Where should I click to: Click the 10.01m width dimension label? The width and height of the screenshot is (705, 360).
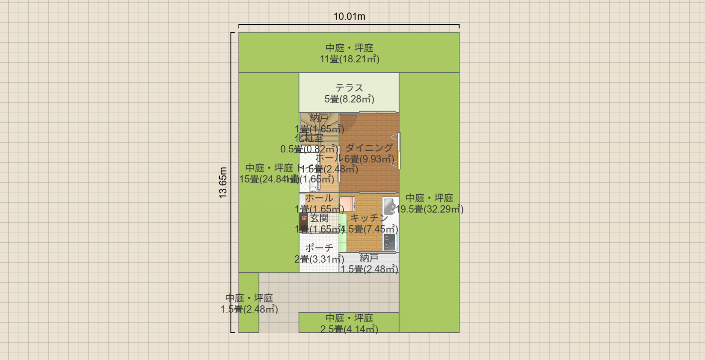[x=349, y=17]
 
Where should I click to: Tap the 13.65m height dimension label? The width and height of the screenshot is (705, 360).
[x=223, y=182]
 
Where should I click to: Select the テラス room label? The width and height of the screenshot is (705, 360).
[x=349, y=88]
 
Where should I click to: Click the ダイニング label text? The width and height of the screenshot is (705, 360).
[x=369, y=148]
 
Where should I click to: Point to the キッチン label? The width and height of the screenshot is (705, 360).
[x=369, y=218]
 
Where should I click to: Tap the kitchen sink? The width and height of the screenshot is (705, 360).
[x=389, y=207]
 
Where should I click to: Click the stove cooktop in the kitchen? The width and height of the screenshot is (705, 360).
[x=389, y=242]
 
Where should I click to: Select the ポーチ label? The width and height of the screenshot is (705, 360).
[x=319, y=248]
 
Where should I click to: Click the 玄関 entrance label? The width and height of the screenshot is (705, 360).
[x=320, y=218]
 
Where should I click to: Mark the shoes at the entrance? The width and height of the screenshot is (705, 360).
[x=304, y=218]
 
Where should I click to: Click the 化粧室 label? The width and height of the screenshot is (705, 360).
[x=309, y=138]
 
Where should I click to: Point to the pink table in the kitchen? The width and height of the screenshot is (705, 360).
[x=347, y=203]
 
